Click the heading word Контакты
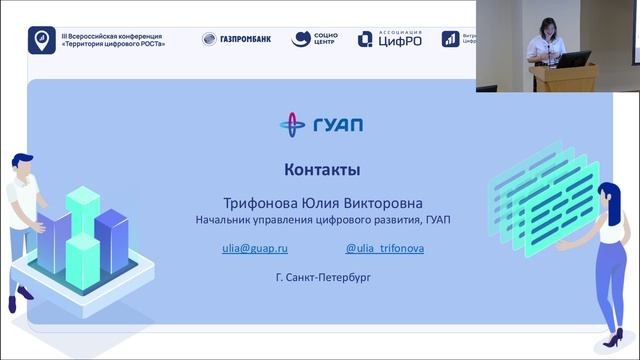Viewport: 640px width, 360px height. click(321, 169)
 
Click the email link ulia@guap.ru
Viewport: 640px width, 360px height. click(255, 246)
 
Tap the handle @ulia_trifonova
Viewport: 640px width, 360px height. click(384, 246)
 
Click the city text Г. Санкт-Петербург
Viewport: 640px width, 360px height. click(321, 275)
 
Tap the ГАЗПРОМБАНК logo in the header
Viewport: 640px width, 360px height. click(237, 39)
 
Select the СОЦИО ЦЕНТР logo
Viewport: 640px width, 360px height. click(314, 39)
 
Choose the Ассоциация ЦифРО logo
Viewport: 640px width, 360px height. click(390, 39)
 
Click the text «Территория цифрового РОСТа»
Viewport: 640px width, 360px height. click(112, 45)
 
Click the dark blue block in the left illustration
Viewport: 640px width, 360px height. click(112, 240)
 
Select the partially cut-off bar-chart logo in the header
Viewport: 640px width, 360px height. click(451, 39)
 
